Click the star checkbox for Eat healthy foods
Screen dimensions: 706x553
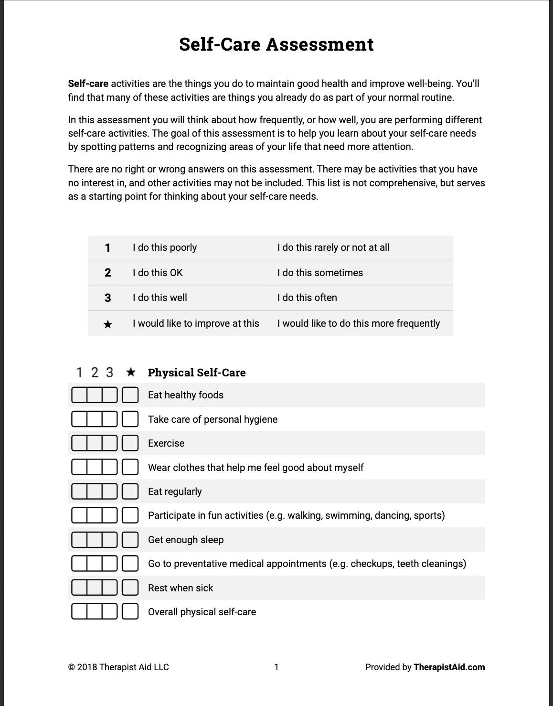coord(130,395)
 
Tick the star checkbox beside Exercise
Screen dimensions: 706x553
coord(130,443)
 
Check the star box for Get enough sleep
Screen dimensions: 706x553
coord(130,540)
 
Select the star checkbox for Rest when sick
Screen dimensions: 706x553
coord(130,588)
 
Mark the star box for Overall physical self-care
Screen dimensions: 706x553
coord(130,611)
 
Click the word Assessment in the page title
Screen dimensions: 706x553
coord(319,44)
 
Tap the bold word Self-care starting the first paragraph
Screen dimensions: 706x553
coord(88,84)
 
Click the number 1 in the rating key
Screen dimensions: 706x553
coord(107,248)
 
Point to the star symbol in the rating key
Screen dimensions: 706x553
coord(108,324)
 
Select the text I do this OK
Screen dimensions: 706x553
coord(158,273)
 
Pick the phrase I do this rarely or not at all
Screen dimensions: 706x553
coord(333,247)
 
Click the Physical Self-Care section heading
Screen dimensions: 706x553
coord(197,373)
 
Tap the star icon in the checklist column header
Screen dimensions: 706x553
coord(130,372)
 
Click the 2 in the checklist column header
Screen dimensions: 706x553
coord(95,372)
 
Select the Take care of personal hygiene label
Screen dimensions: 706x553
coord(213,419)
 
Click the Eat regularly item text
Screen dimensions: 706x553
coord(175,492)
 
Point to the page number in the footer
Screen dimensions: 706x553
coord(276,667)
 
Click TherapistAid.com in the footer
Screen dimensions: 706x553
coord(449,667)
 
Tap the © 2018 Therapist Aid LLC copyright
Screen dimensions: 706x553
coord(118,667)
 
